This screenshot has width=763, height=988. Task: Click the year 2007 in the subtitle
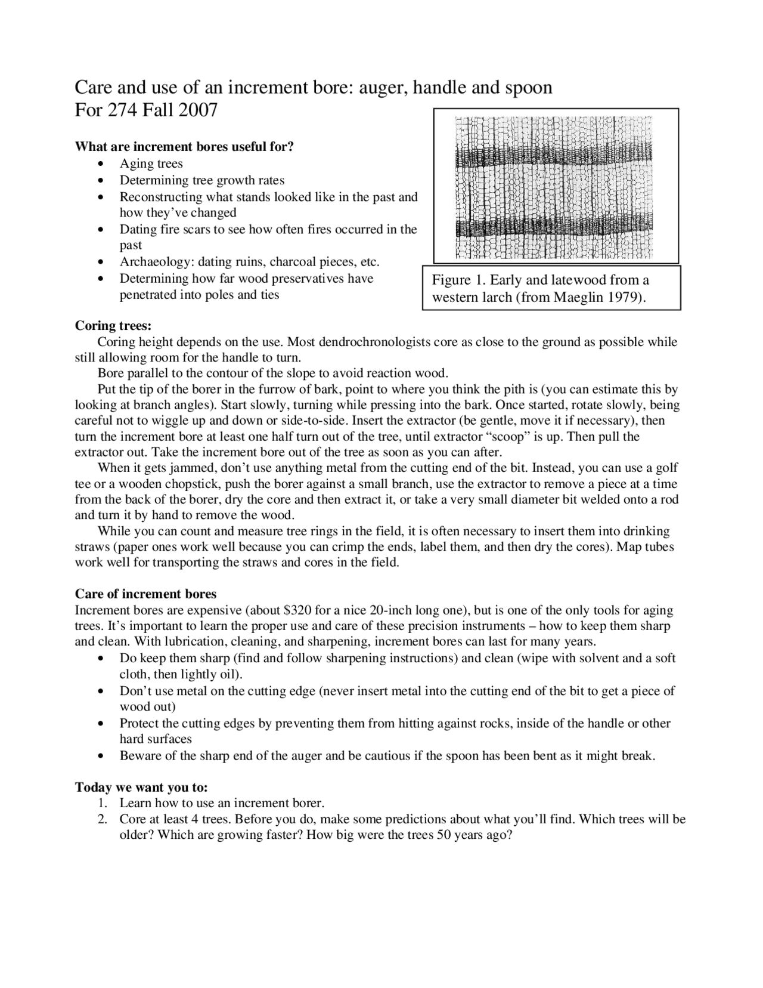(x=197, y=110)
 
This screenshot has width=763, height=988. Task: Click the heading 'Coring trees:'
(x=113, y=326)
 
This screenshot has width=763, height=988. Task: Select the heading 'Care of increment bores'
(x=145, y=594)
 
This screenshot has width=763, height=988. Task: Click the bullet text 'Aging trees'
(x=151, y=163)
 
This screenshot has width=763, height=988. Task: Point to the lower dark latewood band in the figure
(x=554, y=229)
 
